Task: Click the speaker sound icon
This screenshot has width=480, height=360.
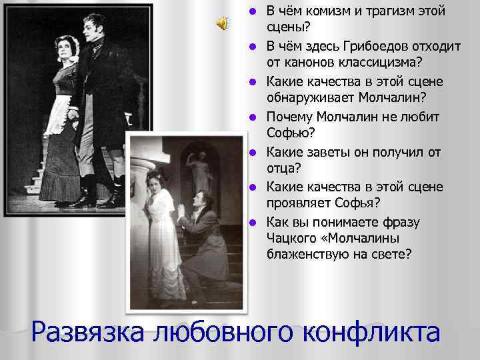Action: point(223,23)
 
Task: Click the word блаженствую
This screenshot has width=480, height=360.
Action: point(311,255)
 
